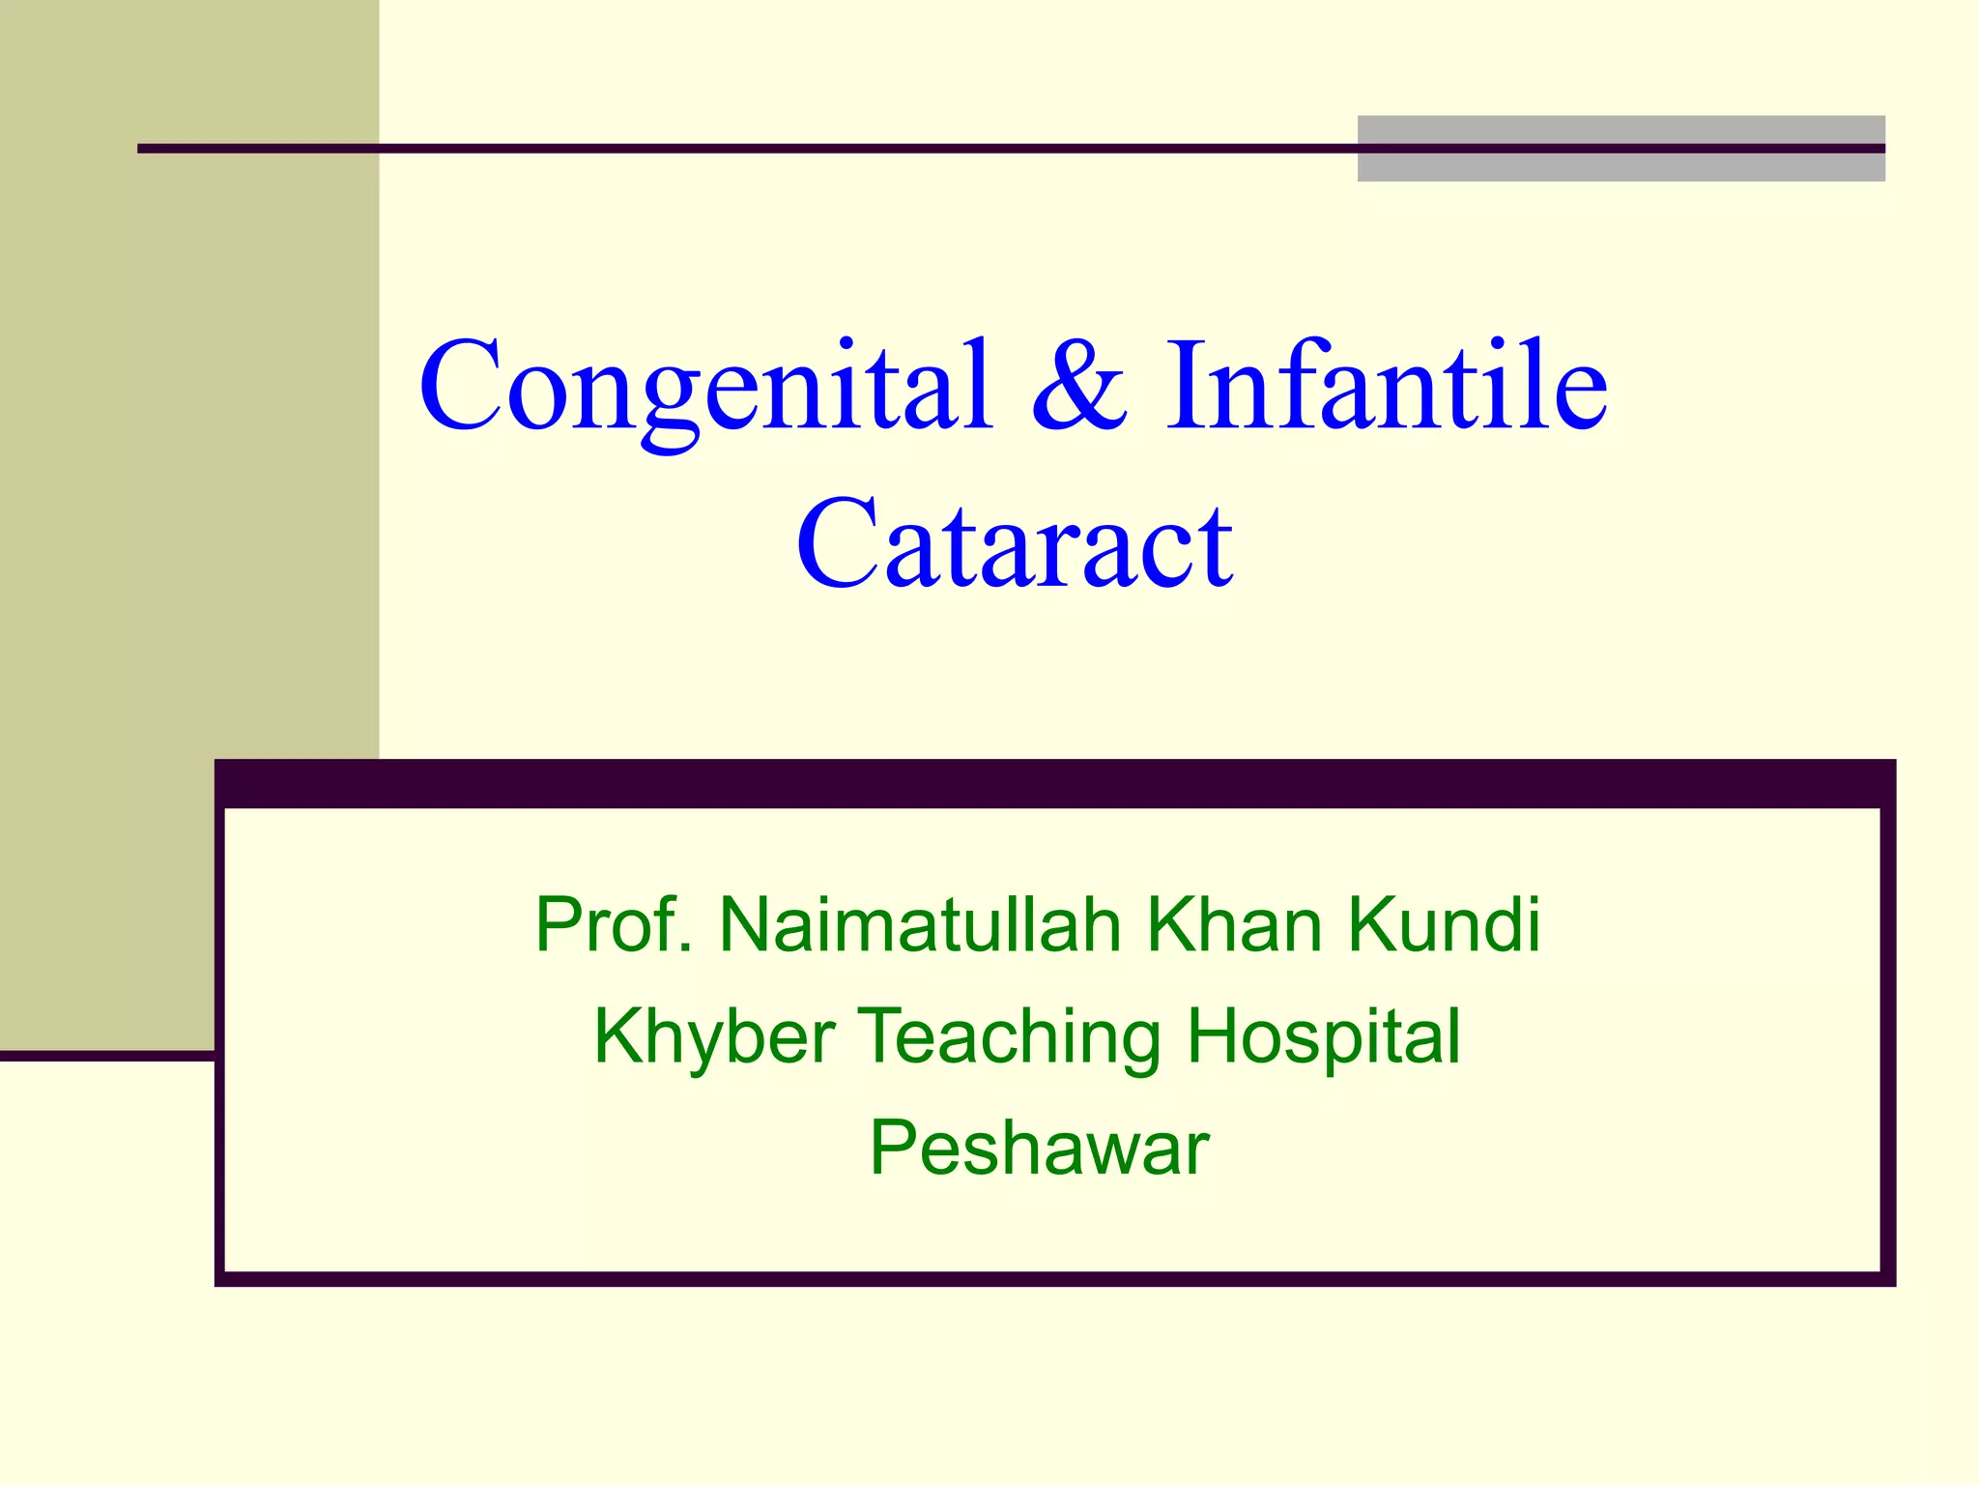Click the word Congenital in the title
(705, 387)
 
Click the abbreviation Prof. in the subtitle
(614, 925)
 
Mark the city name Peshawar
(1039, 1149)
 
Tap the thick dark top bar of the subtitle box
(1054, 784)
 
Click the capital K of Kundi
(1371, 925)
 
